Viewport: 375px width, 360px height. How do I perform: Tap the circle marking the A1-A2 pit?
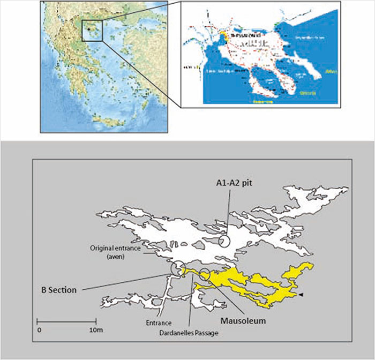224,242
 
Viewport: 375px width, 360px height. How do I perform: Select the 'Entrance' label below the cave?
157,323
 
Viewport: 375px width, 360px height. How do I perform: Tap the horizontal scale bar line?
65,321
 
